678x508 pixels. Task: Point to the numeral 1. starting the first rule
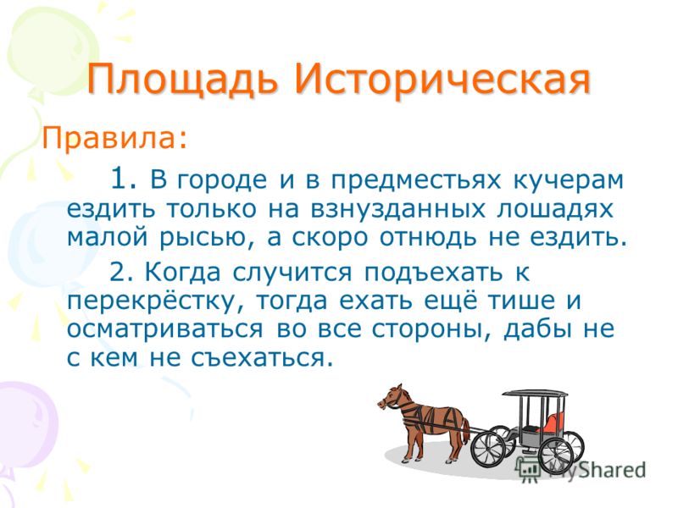pos(124,178)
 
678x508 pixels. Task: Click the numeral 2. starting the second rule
pos(123,272)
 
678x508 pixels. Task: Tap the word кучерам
pos(568,181)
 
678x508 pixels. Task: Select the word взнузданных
pos(397,210)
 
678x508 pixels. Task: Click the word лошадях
pos(555,210)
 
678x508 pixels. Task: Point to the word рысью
pos(206,239)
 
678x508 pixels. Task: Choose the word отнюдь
pos(428,238)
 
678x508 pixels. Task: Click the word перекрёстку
pos(153,302)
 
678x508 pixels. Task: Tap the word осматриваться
pos(164,330)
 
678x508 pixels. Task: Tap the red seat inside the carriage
pos(555,422)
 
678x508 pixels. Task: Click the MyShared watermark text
pos(597,470)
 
